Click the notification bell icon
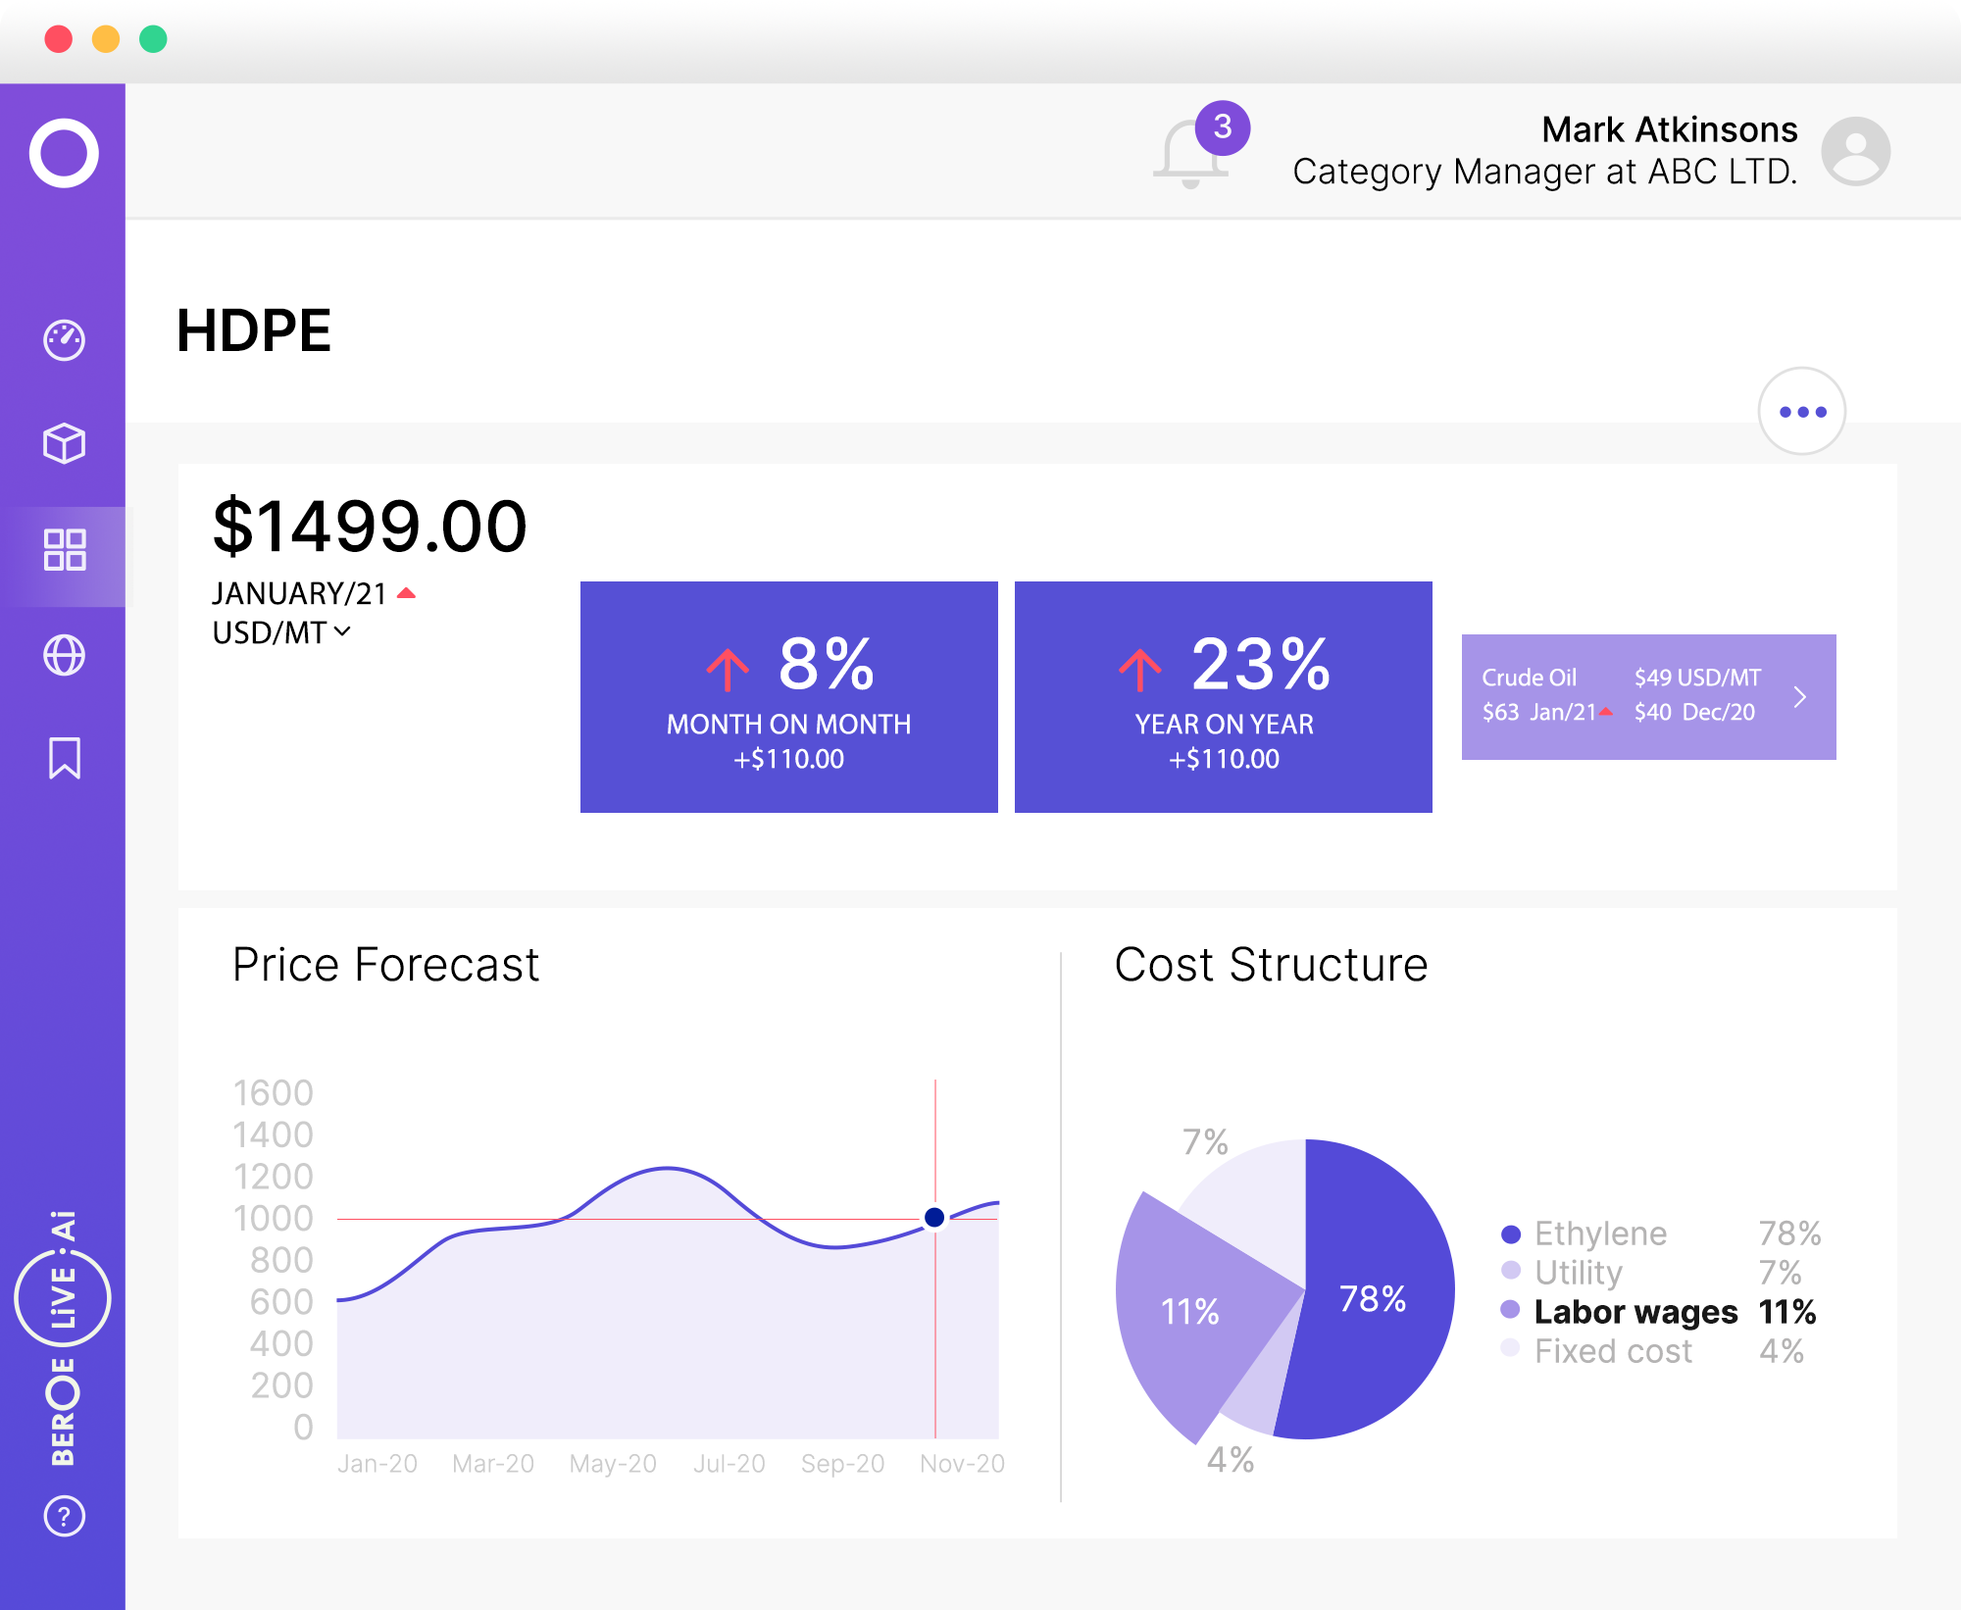[x=1190, y=154]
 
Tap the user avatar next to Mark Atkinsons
[x=1855, y=152]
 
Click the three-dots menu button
[x=1802, y=412]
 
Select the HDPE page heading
[x=254, y=330]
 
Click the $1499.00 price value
[x=370, y=527]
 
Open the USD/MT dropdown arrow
[x=342, y=632]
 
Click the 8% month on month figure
[x=826, y=665]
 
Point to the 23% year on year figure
[x=1260, y=665]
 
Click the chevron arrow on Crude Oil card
[x=1799, y=697]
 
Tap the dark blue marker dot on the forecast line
[x=934, y=1217]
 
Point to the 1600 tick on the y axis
[x=273, y=1093]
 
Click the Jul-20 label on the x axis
[x=729, y=1464]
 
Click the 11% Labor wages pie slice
[x=1189, y=1312]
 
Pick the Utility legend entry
[x=1578, y=1273]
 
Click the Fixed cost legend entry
[x=1613, y=1351]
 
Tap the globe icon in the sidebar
[x=65, y=655]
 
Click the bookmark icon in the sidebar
[x=65, y=758]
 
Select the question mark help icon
[x=65, y=1516]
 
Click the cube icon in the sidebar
[x=65, y=443]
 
